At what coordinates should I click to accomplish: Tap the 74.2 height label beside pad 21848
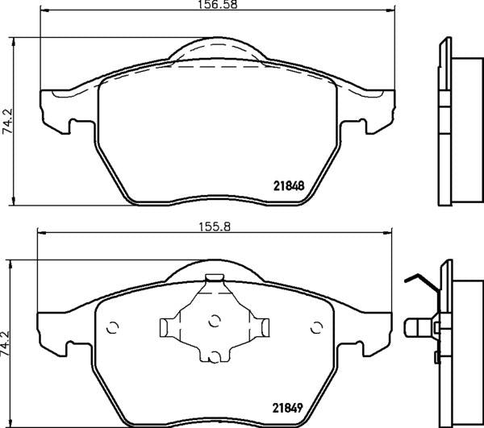8,120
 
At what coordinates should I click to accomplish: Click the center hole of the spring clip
214,321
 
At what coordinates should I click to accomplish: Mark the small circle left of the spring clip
112,327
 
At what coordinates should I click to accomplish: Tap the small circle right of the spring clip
315,327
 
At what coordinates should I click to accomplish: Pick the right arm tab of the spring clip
263,326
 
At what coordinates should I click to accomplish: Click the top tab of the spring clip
214,280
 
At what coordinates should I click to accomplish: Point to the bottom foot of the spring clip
214,355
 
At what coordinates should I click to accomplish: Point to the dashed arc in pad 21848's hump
214,48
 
